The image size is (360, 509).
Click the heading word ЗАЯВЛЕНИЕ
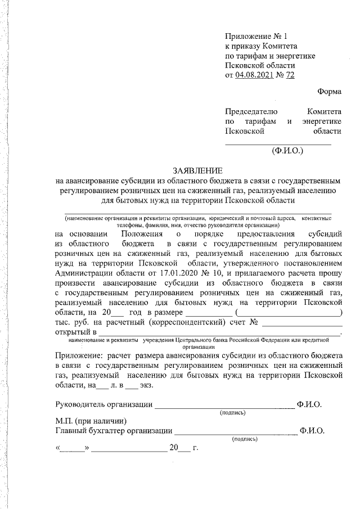click(197, 170)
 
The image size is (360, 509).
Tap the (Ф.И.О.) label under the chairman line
click(287, 151)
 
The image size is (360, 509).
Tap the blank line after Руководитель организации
click(224, 404)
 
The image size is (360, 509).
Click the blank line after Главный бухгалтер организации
click(236, 431)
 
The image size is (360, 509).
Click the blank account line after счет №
click(302, 323)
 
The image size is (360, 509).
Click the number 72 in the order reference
click(290, 75)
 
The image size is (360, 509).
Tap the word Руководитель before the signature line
click(80, 404)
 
